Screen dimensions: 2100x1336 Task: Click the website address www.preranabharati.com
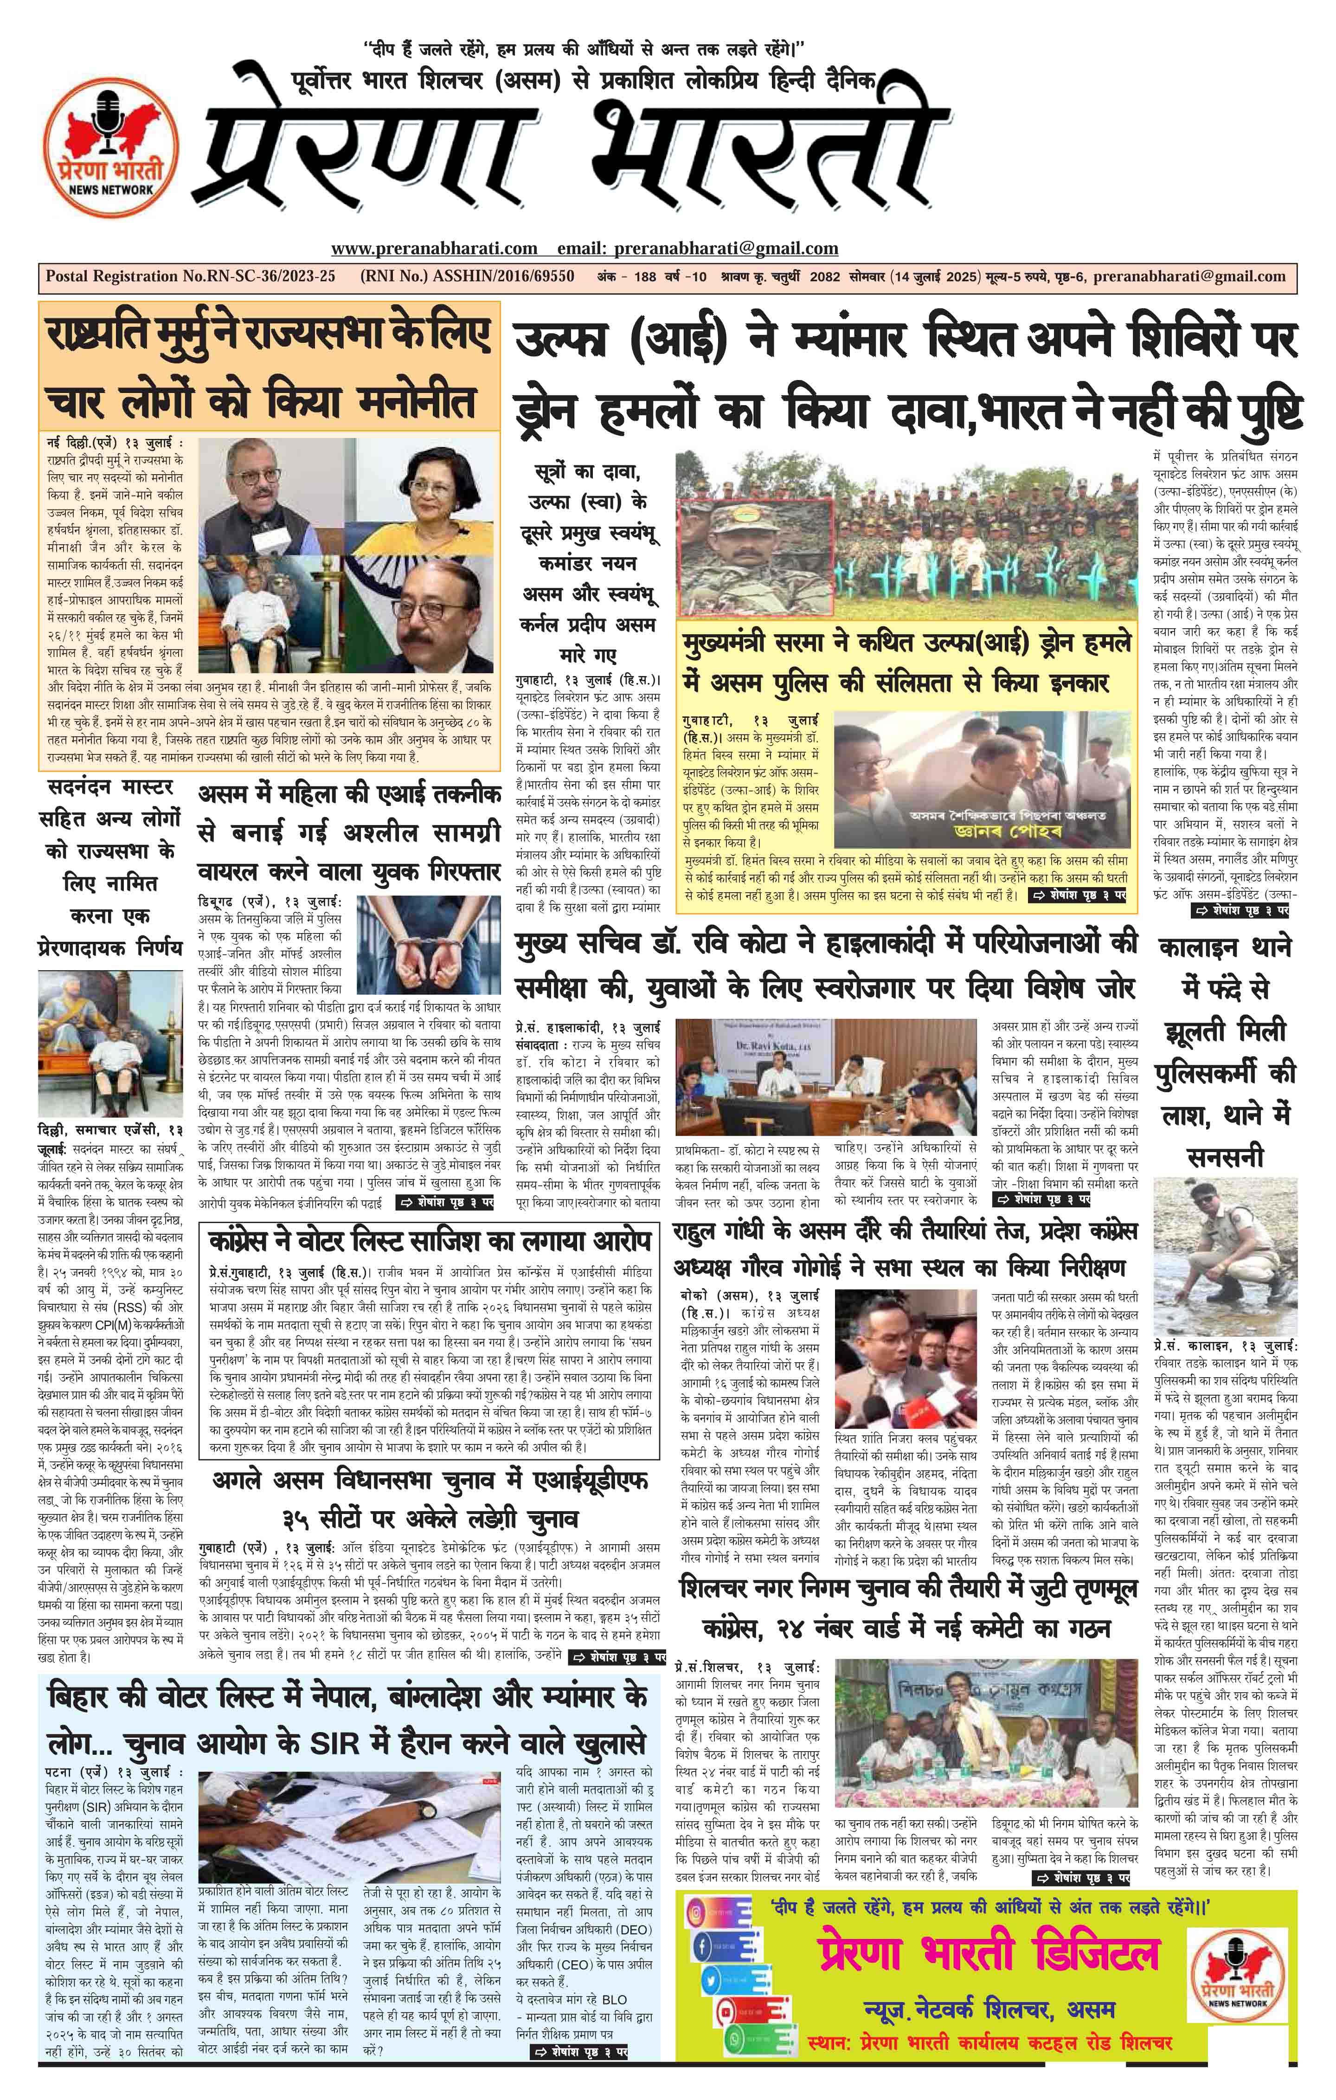click(434, 249)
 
